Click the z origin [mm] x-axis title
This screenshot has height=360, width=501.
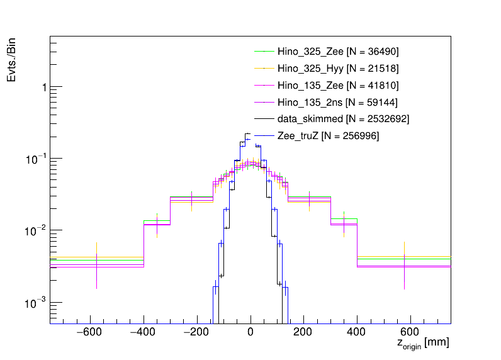click(422, 344)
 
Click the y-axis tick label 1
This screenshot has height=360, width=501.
click(43, 87)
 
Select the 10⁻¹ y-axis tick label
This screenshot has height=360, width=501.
click(38, 159)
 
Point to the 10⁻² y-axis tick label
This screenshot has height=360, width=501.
click(38, 231)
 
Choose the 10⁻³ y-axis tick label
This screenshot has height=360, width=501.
click(38, 303)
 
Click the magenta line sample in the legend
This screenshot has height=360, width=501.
click(264, 102)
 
